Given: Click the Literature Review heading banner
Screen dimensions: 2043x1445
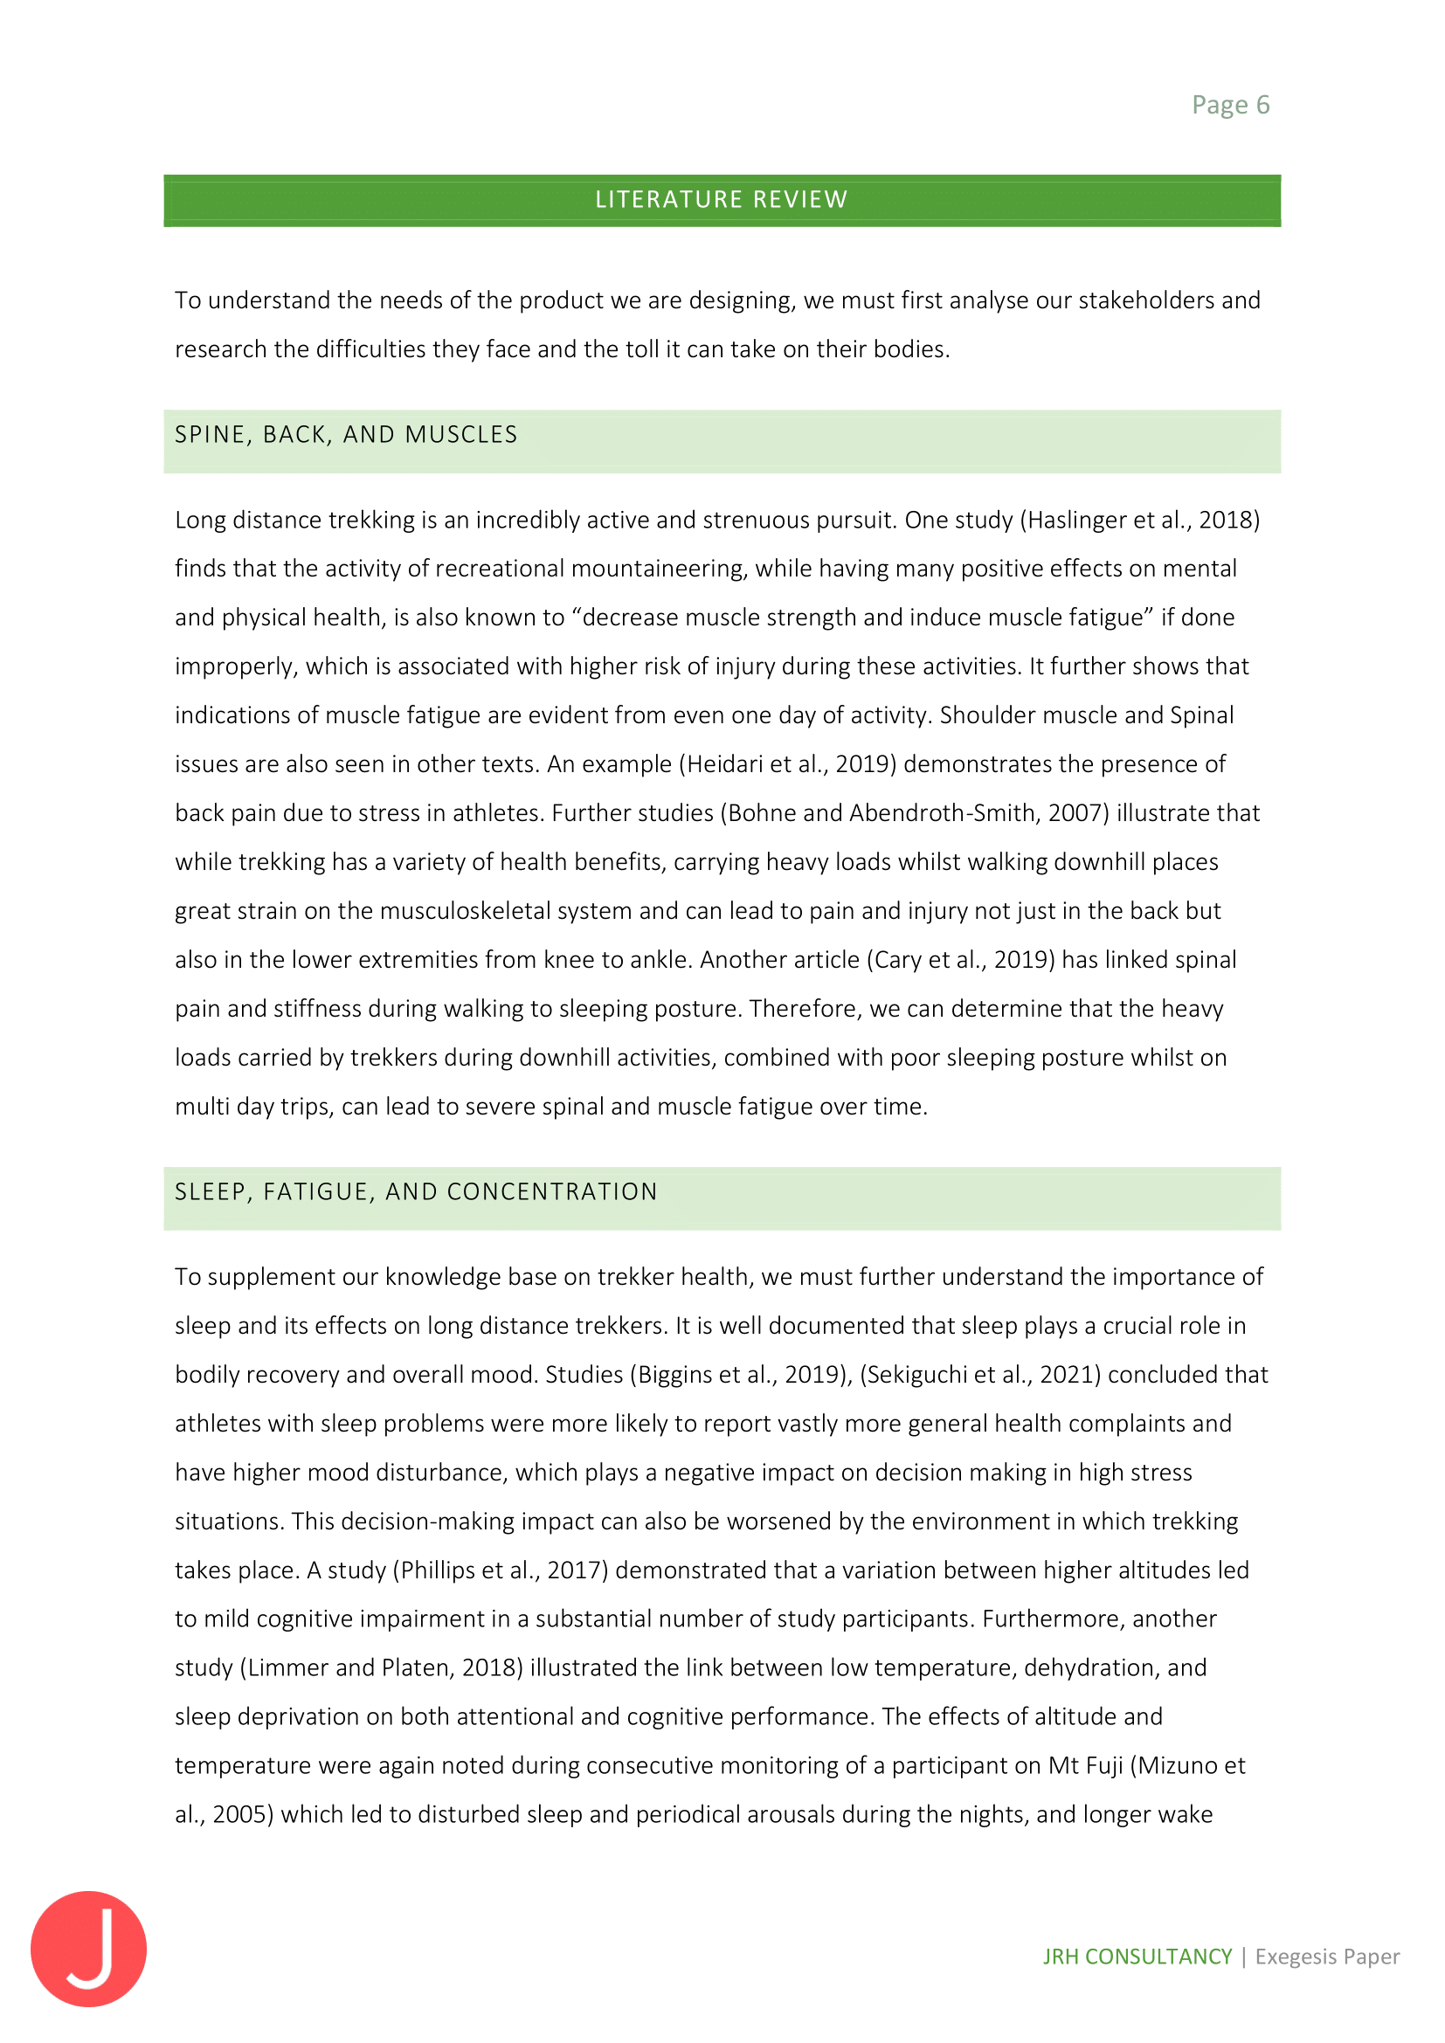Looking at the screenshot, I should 722,199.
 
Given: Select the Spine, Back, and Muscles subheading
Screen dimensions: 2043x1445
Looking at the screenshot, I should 346,435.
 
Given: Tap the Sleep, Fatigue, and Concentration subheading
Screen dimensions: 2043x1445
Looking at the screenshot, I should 416,1192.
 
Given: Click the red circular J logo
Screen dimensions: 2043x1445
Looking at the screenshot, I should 88,1948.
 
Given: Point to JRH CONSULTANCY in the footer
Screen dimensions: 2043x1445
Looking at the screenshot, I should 1137,1957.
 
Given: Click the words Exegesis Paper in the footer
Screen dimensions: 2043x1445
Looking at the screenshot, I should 1327,1957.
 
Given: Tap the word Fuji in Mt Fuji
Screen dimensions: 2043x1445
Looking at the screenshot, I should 1103,1766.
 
